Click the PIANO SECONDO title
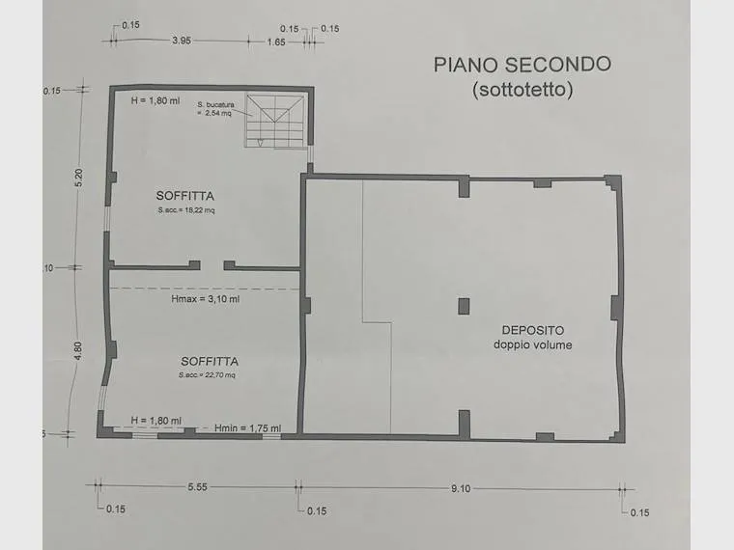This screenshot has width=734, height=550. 522,65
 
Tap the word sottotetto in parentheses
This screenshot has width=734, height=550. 522,90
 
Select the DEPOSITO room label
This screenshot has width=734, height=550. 533,330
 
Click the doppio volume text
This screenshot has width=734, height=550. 533,345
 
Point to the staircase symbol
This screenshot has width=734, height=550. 274,122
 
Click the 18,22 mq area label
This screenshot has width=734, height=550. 186,210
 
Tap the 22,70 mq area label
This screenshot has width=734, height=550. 207,375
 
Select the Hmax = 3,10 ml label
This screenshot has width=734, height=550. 206,299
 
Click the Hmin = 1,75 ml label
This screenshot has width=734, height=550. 248,427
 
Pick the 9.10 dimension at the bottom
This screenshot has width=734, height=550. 461,489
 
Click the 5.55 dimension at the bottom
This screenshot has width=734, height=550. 198,487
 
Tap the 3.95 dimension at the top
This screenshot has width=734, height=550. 182,41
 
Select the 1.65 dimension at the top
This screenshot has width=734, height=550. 276,42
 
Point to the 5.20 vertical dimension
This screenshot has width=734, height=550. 78,178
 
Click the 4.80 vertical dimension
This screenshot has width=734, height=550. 77,351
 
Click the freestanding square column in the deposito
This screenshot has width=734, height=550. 464,306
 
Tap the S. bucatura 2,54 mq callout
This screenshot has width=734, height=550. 215,108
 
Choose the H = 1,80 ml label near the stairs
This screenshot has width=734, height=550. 155,100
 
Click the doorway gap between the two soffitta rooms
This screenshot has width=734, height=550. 212,265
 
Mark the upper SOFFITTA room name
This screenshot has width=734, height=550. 184,196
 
